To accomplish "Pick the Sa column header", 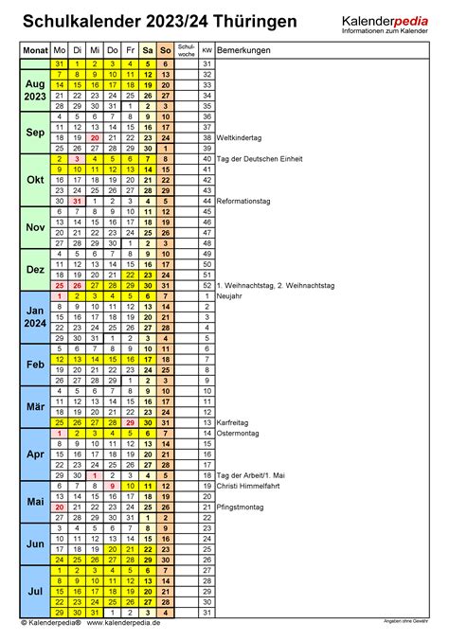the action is [147, 48].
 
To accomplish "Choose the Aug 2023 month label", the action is [34, 90].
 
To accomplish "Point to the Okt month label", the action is [34, 180].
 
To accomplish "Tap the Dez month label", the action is [34, 270].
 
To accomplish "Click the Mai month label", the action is [34, 501].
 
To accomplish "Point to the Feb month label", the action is [34, 365].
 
